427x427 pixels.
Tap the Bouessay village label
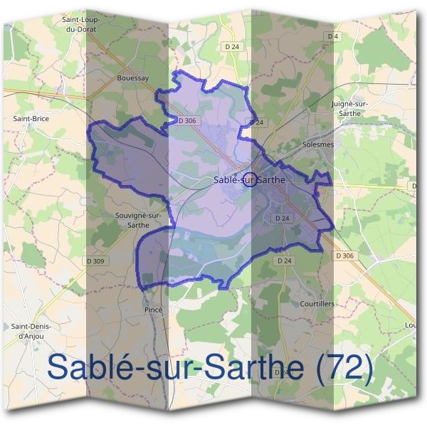click(133, 79)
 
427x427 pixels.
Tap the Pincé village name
click(154, 310)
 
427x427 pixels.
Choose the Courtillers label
click(317, 303)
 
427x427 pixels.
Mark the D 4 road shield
click(332, 36)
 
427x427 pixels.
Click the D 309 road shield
click(94, 261)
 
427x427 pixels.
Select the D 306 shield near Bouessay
click(187, 121)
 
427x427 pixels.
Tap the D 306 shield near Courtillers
click(344, 255)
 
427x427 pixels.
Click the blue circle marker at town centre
click(249, 179)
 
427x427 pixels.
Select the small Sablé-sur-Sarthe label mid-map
click(248, 180)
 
